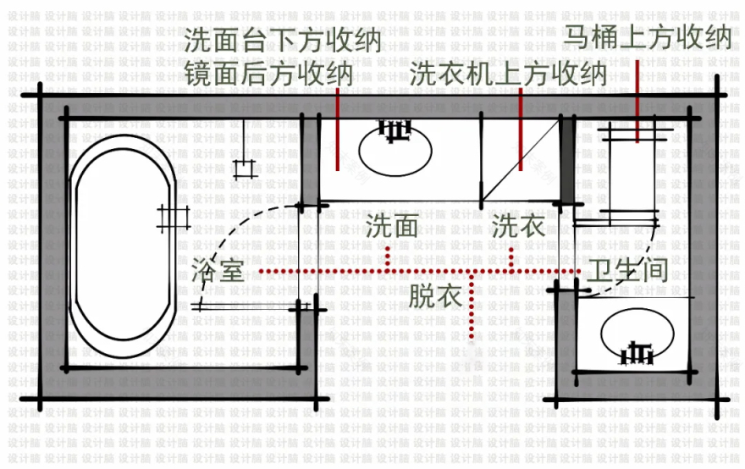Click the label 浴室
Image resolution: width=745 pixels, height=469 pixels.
[x=218, y=270]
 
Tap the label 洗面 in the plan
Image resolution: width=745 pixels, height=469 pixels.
[x=392, y=226]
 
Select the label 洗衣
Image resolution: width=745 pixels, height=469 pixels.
[x=517, y=226]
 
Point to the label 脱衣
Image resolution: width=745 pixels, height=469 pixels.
[x=434, y=296]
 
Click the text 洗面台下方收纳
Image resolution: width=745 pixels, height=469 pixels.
[x=284, y=41]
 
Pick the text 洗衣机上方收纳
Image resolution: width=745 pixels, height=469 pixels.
[x=509, y=74]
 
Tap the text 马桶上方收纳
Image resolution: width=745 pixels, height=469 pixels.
[x=648, y=37]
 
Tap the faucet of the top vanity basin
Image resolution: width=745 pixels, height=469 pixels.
[x=393, y=129]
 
